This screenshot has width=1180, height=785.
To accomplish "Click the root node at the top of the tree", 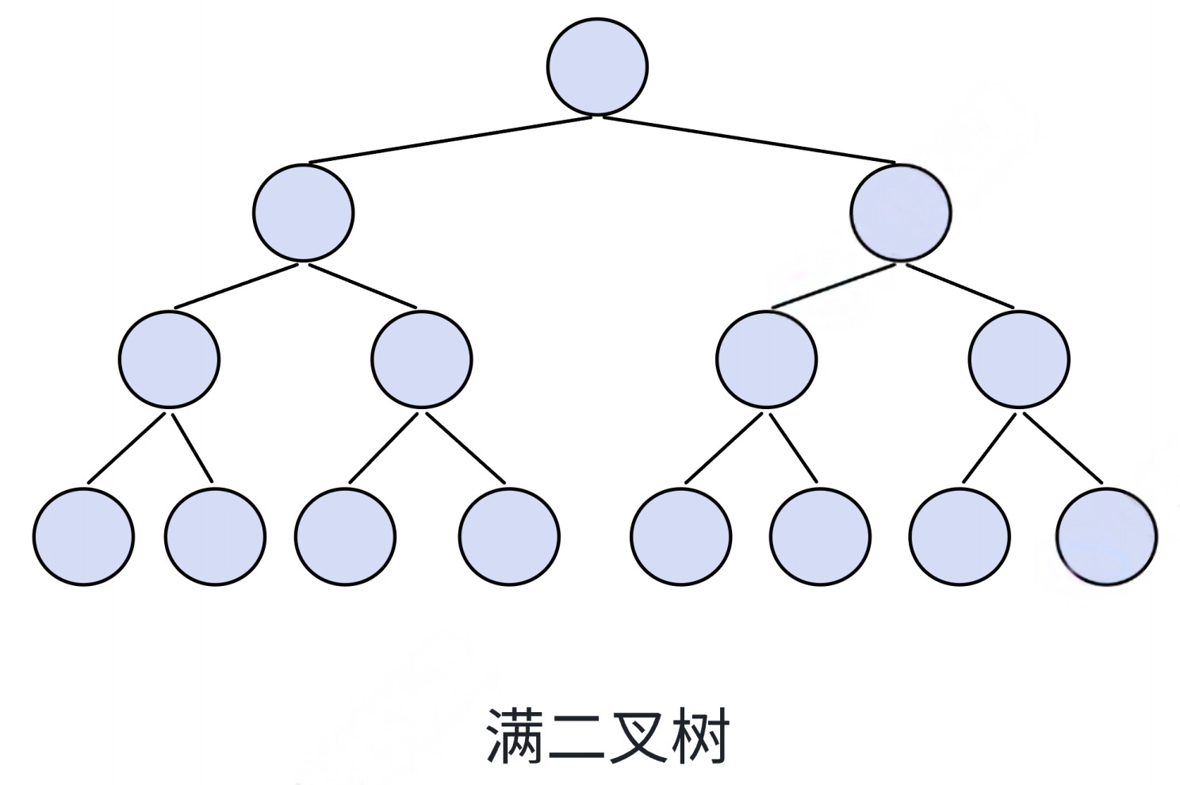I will [597, 67].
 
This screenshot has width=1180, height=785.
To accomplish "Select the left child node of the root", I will [304, 213].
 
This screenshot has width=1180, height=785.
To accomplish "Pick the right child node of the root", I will [900, 213].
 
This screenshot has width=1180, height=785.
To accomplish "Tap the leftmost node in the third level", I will [170, 359].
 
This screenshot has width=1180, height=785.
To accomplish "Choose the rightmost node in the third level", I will [1019, 359].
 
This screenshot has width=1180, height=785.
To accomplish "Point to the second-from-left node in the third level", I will [422, 359].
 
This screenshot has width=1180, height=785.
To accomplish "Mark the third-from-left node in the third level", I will [766, 359].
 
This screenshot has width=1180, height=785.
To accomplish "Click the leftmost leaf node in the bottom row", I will [84, 537].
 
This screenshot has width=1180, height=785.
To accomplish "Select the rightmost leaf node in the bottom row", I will [1107, 537].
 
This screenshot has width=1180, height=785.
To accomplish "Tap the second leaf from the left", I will [216, 537].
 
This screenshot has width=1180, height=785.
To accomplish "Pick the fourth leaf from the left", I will [509, 537].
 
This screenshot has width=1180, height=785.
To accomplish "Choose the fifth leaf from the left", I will [681, 537].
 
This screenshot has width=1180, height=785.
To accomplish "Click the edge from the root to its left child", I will [450, 140].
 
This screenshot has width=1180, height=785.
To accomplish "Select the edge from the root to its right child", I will [749, 140].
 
